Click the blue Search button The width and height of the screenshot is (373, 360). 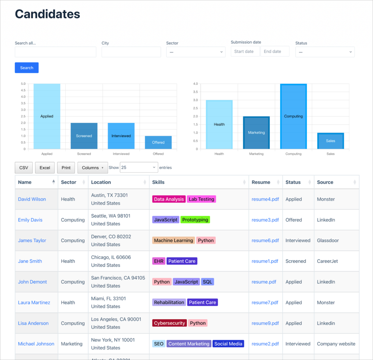[x=27, y=68]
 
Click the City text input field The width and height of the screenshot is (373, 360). [x=131, y=52]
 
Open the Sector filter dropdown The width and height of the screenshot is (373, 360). [x=196, y=52]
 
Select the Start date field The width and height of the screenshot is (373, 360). [x=245, y=51]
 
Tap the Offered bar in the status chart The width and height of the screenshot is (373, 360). [x=158, y=142]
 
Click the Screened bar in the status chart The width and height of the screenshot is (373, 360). [x=84, y=136]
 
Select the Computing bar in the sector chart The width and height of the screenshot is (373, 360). [x=293, y=116]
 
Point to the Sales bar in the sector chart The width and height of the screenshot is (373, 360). [x=330, y=141]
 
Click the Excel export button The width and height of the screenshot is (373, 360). [x=45, y=168]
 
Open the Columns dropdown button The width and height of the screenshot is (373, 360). [x=93, y=168]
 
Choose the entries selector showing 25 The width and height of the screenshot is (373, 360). [x=139, y=168]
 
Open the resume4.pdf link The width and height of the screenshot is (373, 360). [x=265, y=199]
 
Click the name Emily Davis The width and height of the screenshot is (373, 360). [x=30, y=220]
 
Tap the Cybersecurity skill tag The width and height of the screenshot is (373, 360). [x=169, y=323]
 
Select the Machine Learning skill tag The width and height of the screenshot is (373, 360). [x=173, y=241]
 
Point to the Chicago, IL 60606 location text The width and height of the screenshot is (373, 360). [x=111, y=257]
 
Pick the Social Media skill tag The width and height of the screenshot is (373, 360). [x=228, y=344]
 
